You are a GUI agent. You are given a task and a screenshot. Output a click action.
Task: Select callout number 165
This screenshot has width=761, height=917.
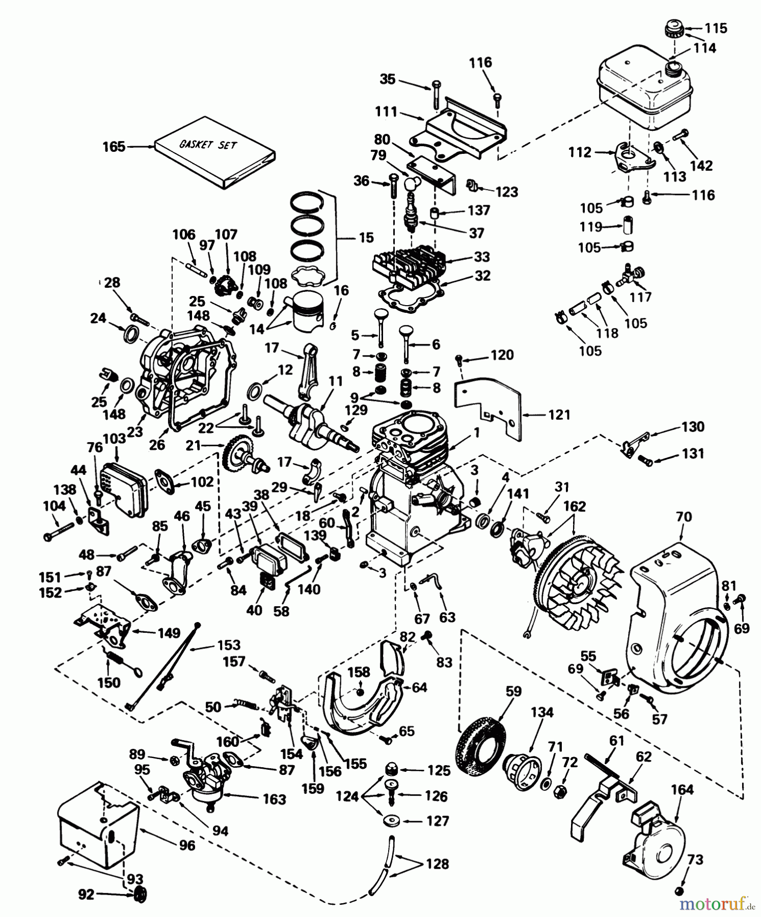pos(113,147)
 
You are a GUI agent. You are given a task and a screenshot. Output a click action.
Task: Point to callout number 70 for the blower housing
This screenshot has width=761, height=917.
pos(684,517)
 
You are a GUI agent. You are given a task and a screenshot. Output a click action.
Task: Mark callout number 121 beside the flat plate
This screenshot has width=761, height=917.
pos(559,415)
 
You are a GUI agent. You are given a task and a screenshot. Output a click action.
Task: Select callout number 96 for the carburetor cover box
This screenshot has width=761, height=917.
pos(187,845)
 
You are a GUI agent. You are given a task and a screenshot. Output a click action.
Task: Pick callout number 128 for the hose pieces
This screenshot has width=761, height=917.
pos(437,864)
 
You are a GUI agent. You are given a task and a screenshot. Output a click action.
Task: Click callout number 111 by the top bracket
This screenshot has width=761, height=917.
pos(386,112)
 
